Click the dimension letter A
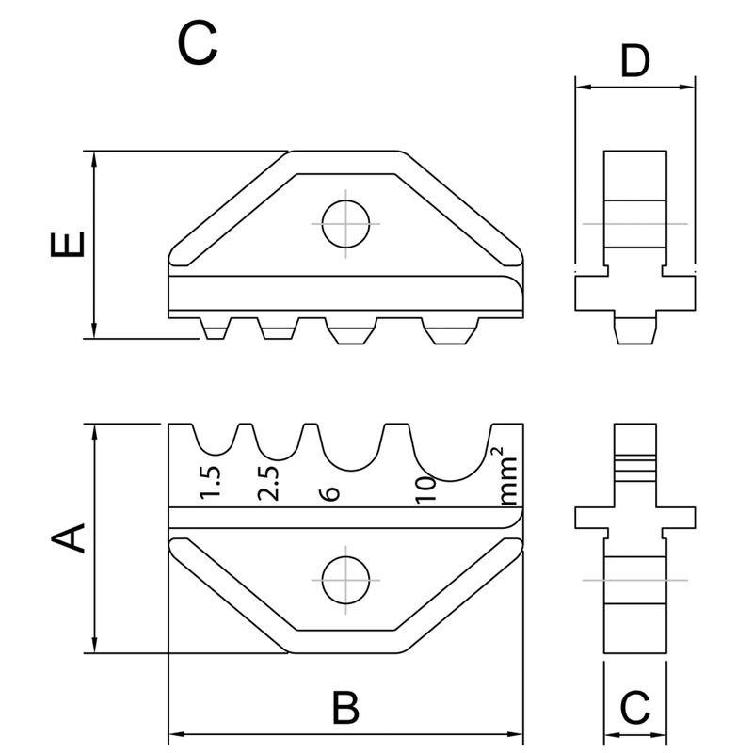(68, 538)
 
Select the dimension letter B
(346, 706)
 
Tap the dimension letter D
(636, 62)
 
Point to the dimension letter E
(68, 245)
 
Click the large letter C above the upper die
(199, 43)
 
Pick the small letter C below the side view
(635, 706)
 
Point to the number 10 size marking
(423, 489)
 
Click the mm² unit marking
(507, 477)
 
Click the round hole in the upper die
(344, 224)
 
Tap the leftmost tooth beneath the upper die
(216, 329)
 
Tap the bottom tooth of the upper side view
(634, 329)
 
